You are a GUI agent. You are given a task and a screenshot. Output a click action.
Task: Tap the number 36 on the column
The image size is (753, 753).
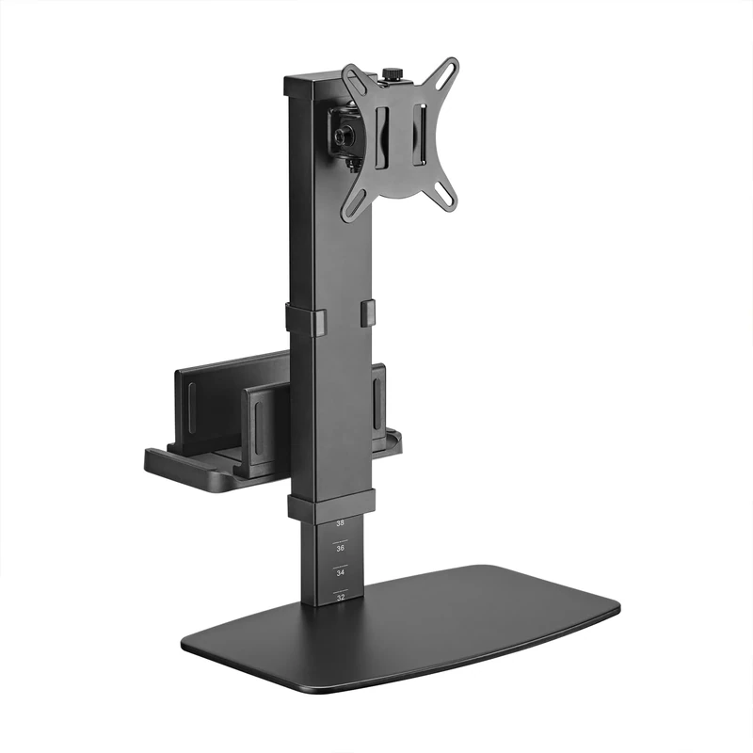click(340, 547)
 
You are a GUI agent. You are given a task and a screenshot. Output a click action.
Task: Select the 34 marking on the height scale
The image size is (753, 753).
click(340, 571)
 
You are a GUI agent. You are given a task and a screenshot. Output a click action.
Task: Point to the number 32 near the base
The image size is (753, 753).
click(340, 596)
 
